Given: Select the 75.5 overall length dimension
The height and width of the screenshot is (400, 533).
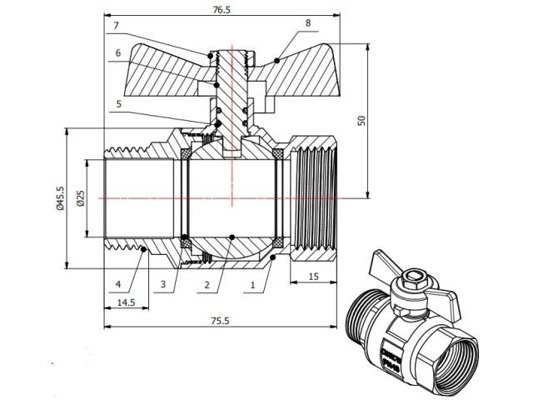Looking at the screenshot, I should (218, 319).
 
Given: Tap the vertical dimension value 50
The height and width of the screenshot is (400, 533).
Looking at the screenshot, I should (361, 120).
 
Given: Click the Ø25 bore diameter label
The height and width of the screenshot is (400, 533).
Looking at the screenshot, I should (81, 198).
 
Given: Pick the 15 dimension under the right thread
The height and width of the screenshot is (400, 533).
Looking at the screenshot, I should (314, 276).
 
